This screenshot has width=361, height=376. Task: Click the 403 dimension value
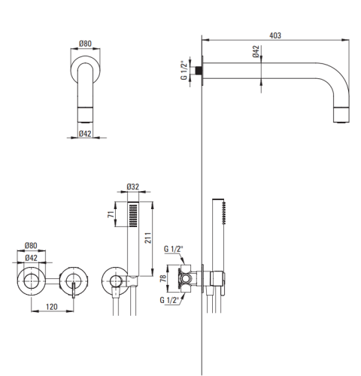pyautogui.click(x=275, y=35)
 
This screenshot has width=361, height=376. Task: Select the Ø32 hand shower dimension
pyautogui.click(x=133, y=186)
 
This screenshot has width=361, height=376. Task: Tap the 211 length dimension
pyautogui.click(x=148, y=238)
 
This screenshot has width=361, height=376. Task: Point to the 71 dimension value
pyautogui.click(x=111, y=214)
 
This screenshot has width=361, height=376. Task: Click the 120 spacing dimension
pyautogui.click(x=52, y=307)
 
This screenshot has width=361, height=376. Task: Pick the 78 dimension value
pyautogui.click(x=163, y=278)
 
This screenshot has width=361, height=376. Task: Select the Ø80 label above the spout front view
pyautogui.click(x=85, y=44)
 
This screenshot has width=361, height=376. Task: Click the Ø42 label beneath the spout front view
pyautogui.click(x=85, y=134)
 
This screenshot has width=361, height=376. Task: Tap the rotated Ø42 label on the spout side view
pyautogui.click(x=256, y=51)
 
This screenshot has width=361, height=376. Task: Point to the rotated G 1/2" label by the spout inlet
pyautogui.click(x=184, y=70)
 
